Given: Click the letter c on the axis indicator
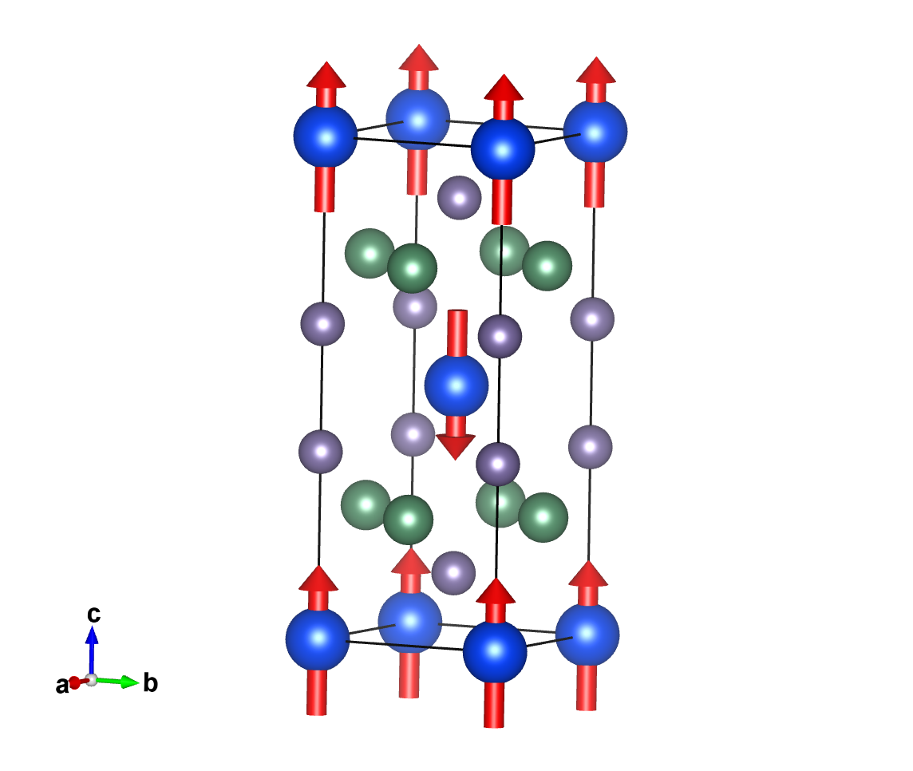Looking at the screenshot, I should click(x=93, y=614).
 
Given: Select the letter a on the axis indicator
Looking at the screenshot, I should click(x=61, y=685).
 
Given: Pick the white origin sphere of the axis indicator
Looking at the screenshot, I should click(x=92, y=680).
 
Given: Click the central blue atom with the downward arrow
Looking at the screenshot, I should click(x=456, y=385).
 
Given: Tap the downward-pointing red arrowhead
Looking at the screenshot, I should click(x=456, y=446).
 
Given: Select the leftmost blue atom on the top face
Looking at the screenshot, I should click(x=326, y=136).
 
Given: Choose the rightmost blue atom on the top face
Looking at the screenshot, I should click(x=595, y=132).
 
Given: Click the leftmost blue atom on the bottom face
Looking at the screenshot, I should click(x=318, y=639).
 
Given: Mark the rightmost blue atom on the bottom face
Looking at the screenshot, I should click(x=587, y=634).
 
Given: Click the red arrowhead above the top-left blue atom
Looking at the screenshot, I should click(x=326, y=74).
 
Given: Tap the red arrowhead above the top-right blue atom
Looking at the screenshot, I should click(x=596, y=69).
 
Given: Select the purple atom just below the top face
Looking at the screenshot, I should click(x=460, y=196).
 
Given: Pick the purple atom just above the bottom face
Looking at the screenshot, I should click(x=453, y=571).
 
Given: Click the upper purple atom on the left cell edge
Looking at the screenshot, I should click(x=322, y=323).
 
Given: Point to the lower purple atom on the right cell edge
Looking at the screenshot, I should click(x=591, y=446).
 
